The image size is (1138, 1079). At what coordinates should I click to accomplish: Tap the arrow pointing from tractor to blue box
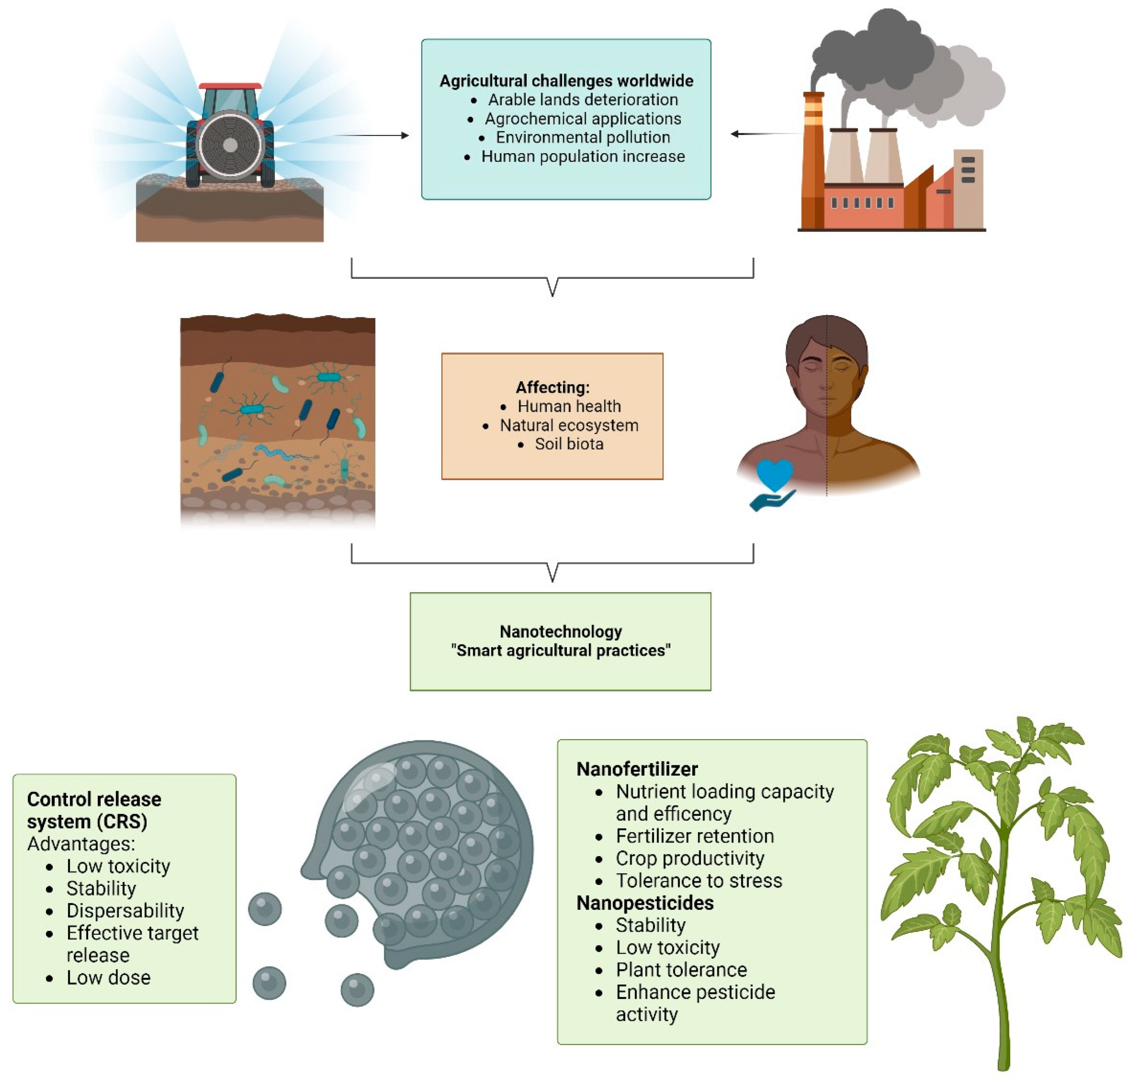(371, 136)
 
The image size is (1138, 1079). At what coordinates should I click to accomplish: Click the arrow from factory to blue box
(765, 134)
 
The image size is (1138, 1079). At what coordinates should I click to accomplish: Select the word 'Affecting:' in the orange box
(552, 387)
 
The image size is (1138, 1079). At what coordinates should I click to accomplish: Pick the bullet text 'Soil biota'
(569, 444)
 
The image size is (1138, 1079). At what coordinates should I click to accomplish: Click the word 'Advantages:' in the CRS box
(81, 844)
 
